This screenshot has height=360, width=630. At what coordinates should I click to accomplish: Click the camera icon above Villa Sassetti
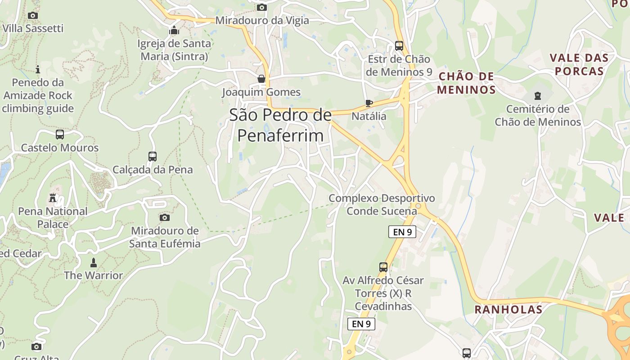tap(32, 16)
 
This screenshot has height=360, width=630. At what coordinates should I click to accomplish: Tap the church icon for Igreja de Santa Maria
tap(174, 31)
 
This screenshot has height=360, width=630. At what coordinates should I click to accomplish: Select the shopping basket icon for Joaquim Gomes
tap(261, 79)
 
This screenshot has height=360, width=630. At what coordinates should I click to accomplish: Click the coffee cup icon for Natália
tap(369, 103)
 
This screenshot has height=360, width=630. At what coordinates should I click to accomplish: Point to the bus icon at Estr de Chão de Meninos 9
tap(399, 46)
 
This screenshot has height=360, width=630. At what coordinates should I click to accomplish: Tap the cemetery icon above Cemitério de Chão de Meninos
tap(537, 95)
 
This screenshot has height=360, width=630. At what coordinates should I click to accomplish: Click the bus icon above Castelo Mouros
tap(60, 134)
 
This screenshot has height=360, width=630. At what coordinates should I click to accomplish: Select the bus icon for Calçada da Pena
tap(153, 157)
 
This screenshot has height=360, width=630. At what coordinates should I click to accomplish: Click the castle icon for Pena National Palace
tap(53, 198)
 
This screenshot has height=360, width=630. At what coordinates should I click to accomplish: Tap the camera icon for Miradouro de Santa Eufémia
tap(165, 218)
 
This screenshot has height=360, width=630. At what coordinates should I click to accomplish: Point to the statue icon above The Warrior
tap(94, 262)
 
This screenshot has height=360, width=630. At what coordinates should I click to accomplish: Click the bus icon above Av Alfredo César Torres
tap(383, 267)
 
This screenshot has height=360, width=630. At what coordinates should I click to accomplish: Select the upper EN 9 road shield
tap(402, 232)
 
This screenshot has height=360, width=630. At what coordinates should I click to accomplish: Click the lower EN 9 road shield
tap(361, 324)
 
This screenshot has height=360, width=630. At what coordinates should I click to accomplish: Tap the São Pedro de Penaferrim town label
tap(280, 125)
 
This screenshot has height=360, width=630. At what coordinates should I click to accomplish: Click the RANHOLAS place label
tap(508, 310)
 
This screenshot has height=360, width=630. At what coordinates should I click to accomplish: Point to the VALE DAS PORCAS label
tap(579, 64)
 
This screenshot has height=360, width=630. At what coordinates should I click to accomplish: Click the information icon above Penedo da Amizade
tap(38, 69)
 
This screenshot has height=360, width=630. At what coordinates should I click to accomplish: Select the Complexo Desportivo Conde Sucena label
tap(382, 205)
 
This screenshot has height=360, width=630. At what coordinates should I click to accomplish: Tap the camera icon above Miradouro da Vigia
tap(262, 7)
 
